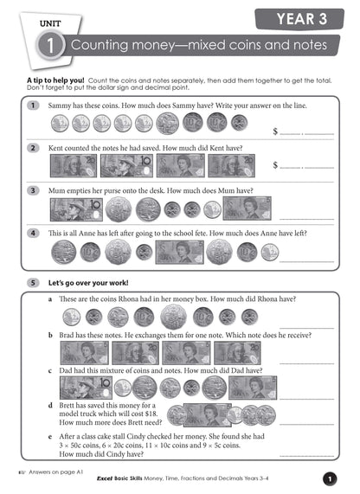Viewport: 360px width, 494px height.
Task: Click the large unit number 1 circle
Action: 55,48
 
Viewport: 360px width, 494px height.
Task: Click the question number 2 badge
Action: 32,149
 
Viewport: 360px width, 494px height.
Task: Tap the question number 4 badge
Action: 32,233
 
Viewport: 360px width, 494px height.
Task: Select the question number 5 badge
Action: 32,282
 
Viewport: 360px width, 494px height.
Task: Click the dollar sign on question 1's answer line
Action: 276,132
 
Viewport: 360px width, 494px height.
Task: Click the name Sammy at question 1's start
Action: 61,106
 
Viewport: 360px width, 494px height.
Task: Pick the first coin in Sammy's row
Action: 60,124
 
